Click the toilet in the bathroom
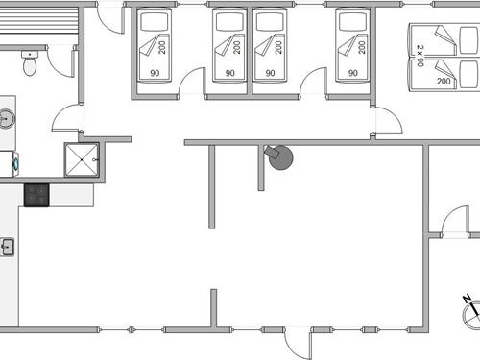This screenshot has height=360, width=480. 30,65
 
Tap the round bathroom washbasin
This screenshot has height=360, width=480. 6,119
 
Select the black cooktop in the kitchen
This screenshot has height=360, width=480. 36,195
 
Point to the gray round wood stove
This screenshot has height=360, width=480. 281,157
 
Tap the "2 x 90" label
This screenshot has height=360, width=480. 420,55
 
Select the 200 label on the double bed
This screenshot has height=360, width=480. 444,83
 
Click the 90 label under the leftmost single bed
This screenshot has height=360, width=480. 152,73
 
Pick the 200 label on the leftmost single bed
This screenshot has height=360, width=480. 163,45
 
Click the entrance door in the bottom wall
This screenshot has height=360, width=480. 298,342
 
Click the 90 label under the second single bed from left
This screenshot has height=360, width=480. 230,73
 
